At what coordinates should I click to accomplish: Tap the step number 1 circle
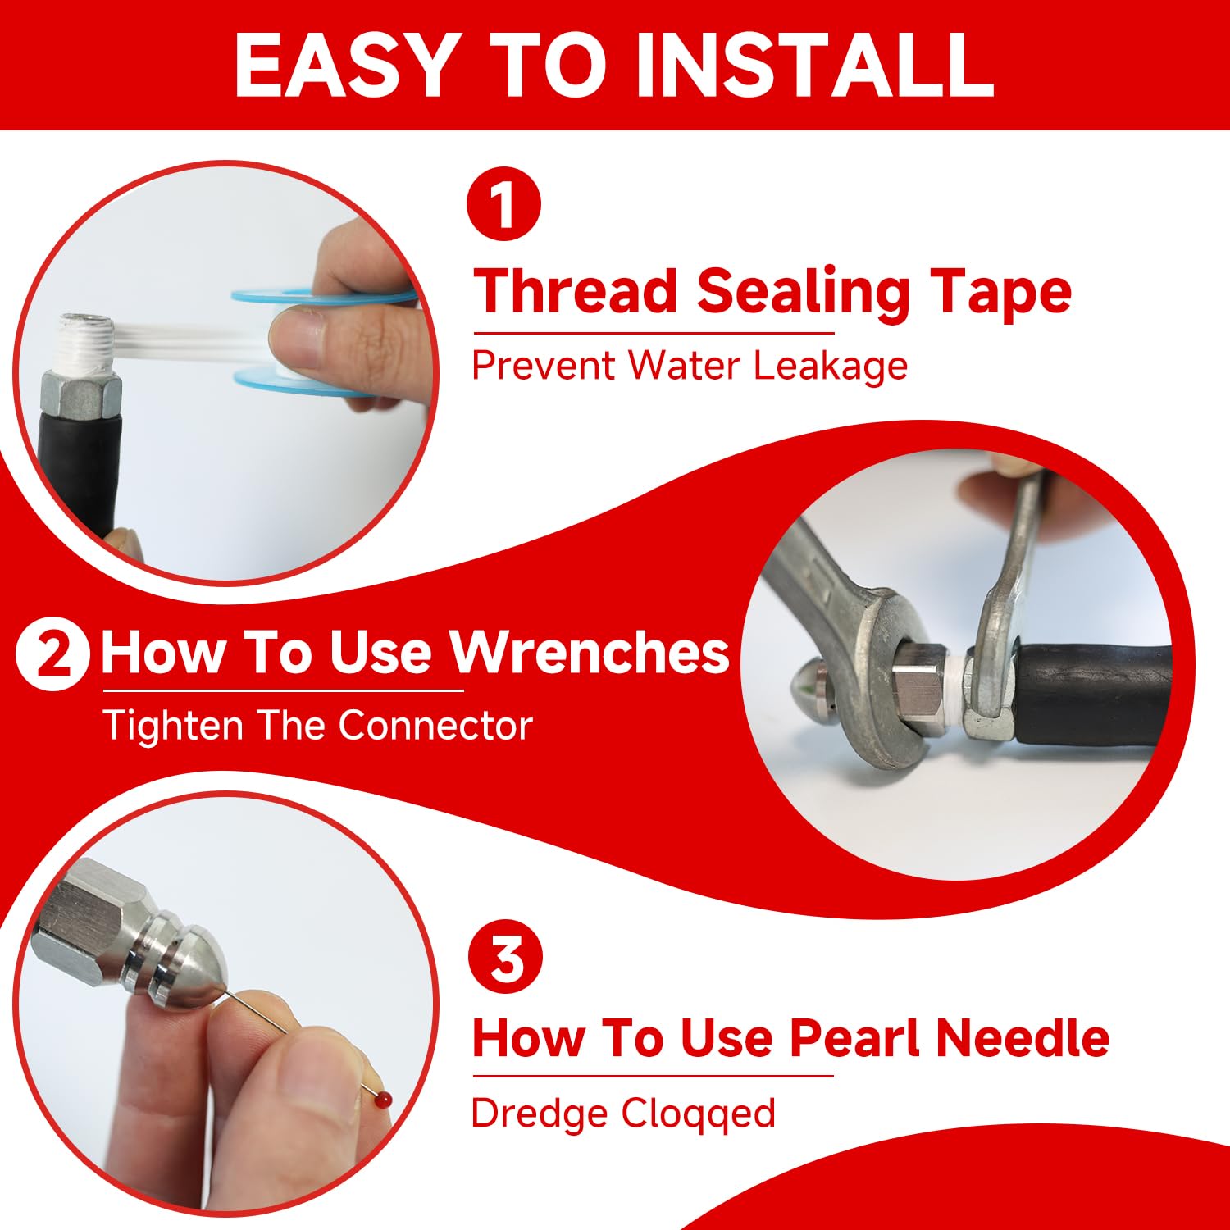tap(503, 203)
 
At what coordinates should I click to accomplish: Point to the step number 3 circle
tap(506, 957)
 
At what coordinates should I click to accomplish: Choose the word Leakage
tap(830, 366)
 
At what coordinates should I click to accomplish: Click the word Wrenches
tap(590, 653)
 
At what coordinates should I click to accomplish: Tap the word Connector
tap(435, 726)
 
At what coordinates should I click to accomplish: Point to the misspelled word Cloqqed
tap(698, 1114)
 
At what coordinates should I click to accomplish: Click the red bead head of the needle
tap(385, 1100)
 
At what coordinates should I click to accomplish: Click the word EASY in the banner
tap(344, 66)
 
